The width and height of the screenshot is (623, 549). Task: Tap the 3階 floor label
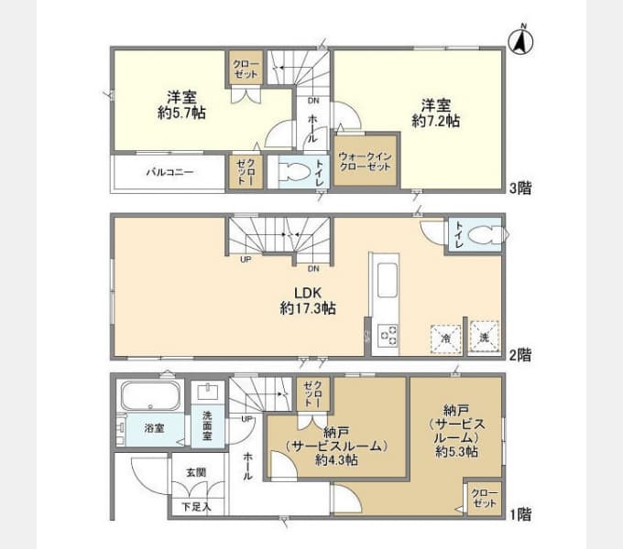click(520, 188)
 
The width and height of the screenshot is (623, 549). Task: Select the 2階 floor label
click(520, 355)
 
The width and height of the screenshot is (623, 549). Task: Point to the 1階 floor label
click(520, 514)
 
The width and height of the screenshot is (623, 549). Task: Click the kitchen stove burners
click(388, 336)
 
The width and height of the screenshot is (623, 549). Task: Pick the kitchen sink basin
click(388, 280)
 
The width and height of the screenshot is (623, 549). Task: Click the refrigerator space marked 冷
click(446, 339)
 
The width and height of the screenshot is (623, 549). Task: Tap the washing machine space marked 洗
click(484, 337)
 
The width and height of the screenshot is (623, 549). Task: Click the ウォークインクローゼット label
click(366, 161)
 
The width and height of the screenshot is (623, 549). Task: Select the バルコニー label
click(169, 172)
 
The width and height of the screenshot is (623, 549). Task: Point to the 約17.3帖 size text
click(308, 308)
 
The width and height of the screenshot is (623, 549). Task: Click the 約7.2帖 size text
click(436, 121)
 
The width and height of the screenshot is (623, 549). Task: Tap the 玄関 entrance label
click(196, 472)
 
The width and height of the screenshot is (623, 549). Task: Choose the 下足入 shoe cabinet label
click(196, 507)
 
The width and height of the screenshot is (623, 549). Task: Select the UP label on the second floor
click(246, 260)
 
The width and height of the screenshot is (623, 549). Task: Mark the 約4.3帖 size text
click(336, 459)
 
